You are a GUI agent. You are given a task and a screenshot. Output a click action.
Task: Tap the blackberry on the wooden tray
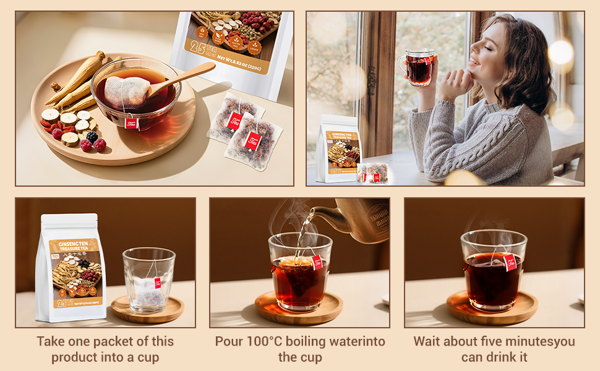click(x=92, y=137)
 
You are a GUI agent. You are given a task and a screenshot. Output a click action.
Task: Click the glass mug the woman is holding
click(x=419, y=68)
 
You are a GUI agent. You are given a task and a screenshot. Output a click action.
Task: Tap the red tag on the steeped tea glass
click(x=510, y=262)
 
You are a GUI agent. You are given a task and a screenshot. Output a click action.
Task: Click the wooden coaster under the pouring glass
click(x=299, y=309)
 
